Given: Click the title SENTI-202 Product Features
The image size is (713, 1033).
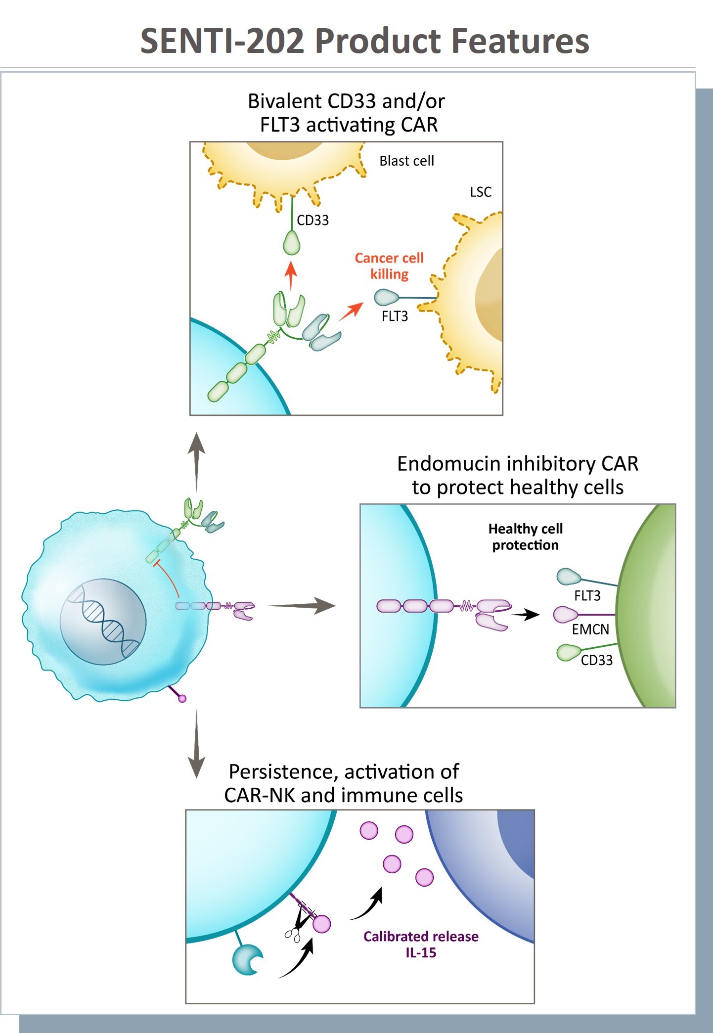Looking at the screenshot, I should (x=364, y=41).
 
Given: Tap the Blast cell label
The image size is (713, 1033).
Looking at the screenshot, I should (x=406, y=161).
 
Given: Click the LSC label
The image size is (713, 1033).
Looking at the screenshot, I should (x=480, y=192).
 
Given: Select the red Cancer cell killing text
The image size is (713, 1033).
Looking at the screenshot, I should (x=389, y=266).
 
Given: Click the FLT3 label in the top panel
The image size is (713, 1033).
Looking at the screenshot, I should (x=395, y=316).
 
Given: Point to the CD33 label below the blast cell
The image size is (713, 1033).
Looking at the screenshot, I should (x=312, y=220).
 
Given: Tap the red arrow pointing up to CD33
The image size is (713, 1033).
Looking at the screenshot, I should (x=291, y=275).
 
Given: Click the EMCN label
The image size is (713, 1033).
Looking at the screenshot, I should (x=590, y=629).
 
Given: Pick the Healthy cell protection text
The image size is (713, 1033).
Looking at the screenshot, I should (x=525, y=537).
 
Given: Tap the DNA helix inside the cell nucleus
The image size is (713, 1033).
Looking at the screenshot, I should (x=104, y=621).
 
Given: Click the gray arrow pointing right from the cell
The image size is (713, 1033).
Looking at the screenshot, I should (x=301, y=605).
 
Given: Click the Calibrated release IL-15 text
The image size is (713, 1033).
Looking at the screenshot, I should (x=421, y=944).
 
